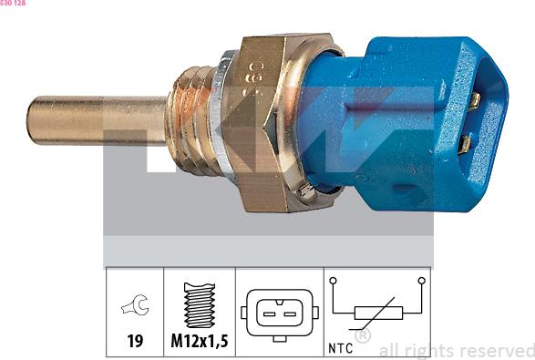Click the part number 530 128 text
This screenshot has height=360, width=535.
click(x=13, y=3)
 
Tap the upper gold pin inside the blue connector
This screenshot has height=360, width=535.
click(x=474, y=101)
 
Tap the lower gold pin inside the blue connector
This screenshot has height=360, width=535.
click(x=465, y=144)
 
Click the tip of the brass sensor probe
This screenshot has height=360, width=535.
click(x=29, y=120)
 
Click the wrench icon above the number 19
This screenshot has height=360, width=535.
click(x=135, y=304)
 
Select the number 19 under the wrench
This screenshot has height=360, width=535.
click(x=135, y=341)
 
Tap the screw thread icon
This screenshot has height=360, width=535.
click(x=200, y=304)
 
